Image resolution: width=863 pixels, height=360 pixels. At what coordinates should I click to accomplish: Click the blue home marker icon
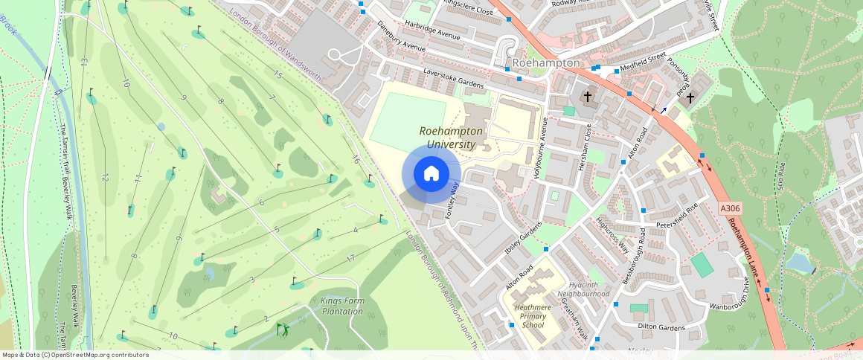[431, 174]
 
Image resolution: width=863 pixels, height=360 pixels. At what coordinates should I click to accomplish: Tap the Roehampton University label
[452, 137]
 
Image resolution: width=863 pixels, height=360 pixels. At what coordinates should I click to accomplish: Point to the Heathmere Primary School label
[533, 316]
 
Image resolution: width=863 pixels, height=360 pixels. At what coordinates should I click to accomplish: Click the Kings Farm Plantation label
[342, 306]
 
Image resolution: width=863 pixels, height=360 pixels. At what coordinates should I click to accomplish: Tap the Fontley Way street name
[452, 201]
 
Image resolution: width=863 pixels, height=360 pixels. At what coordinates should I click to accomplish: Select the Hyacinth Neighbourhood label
[588, 289]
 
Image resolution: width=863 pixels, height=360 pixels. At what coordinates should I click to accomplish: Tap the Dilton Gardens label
[661, 326]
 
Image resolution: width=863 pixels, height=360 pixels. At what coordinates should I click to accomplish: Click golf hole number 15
[278, 75]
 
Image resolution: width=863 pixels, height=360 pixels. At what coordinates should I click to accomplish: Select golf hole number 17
[350, 258]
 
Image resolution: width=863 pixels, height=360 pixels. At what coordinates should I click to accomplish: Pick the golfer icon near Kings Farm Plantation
[283, 328]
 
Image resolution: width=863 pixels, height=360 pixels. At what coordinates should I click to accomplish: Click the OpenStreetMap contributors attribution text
[75, 355]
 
